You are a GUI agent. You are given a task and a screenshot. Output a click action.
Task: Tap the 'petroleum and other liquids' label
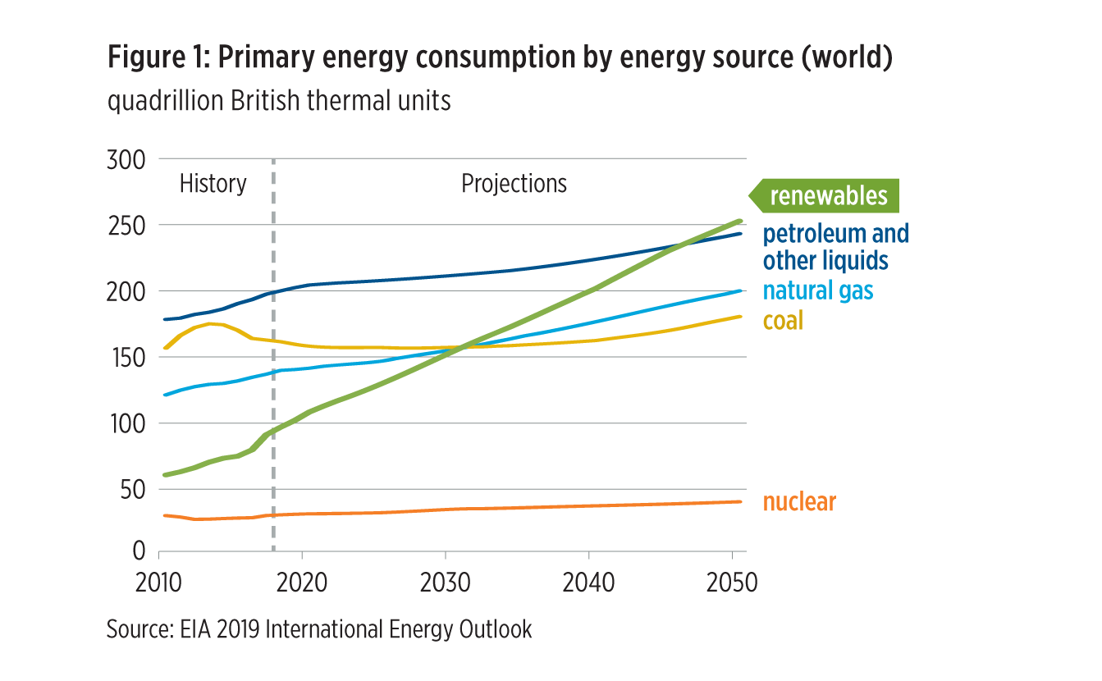click(835, 247)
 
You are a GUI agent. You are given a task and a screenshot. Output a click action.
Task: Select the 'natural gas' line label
click(818, 290)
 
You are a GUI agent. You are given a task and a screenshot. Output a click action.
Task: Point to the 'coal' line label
click(783, 320)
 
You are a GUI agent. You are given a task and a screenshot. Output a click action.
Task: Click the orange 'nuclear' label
click(799, 501)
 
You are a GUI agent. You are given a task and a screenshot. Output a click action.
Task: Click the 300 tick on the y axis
click(126, 159)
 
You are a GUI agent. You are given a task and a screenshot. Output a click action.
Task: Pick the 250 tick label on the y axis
click(126, 226)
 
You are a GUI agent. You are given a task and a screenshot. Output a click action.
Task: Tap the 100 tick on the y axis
click(126, 423)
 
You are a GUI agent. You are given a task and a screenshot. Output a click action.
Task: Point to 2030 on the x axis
click(444, 583)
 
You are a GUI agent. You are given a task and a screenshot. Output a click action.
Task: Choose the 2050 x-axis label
click(730, 583)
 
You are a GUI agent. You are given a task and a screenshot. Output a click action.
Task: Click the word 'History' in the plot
click(213, 184)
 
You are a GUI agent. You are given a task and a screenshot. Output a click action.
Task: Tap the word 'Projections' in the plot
click(514, 184)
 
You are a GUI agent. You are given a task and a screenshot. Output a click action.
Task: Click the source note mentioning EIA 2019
click(319, 629)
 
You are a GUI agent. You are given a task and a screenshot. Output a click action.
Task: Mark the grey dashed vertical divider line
click(273, 369)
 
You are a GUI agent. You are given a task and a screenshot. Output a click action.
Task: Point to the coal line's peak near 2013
click(211, 323)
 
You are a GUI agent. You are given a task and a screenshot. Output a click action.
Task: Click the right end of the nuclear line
click(742, 501)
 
